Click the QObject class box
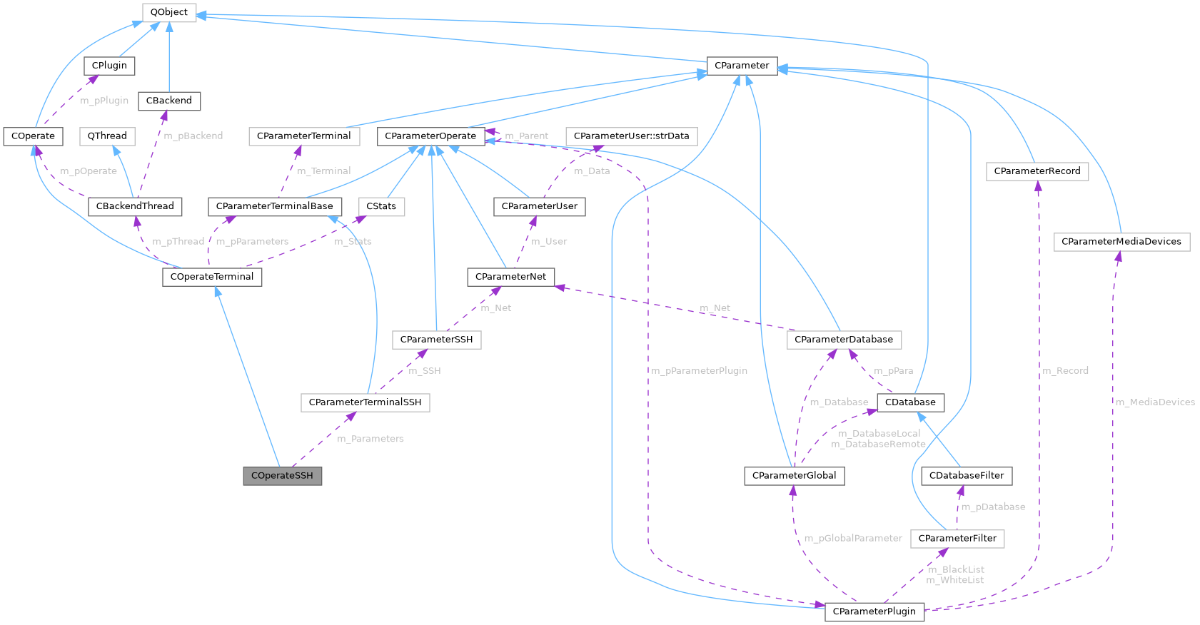coord(169,12)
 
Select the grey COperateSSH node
coord(282,476)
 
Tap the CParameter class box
coord(742,66)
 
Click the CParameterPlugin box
coord(874,611)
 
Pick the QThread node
coord(108,136)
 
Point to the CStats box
coord(380,206)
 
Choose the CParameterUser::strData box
coord(631,136)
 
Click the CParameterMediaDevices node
coord(1121,242)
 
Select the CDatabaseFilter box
coord(966,476)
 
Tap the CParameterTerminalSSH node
coord(365,402)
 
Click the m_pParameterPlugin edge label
coord(699,371)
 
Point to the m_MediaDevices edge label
coord(1154,402)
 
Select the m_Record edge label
coord(1065,371)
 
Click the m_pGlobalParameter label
coord(853,539)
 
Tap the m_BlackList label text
coord(956,569)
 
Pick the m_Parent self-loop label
coord(526,136)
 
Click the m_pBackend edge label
coord(193,136)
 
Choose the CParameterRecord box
coord(1037,171)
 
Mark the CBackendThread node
coord(135,206)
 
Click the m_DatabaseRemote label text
coord(878,444)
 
